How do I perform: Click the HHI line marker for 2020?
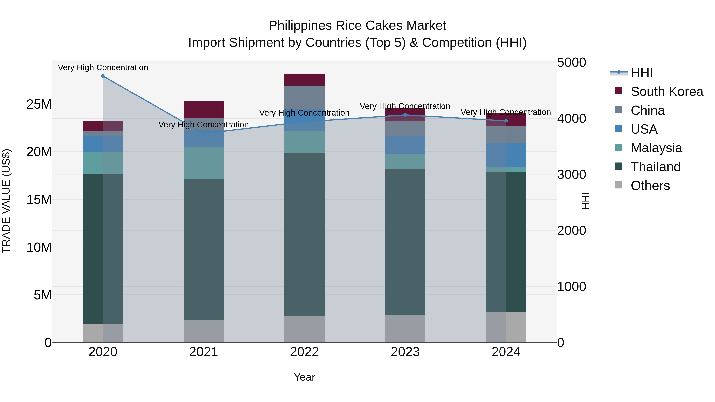click(x=103, y=76)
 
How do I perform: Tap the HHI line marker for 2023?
click(x=405, y=115)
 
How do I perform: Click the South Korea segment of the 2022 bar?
click(x=304, y=80)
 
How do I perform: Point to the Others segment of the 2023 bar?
click(x=405, y=329)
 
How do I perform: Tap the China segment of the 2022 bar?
click(x=304, y=97)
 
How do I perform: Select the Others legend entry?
click(x=650, y=186)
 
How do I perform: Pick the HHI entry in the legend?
click(x=642, y=73)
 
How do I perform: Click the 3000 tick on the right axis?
click(x=571, y=174)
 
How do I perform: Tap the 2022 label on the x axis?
click(x=304, y=352)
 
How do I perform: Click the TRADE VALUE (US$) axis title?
click(x=6, y=201)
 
